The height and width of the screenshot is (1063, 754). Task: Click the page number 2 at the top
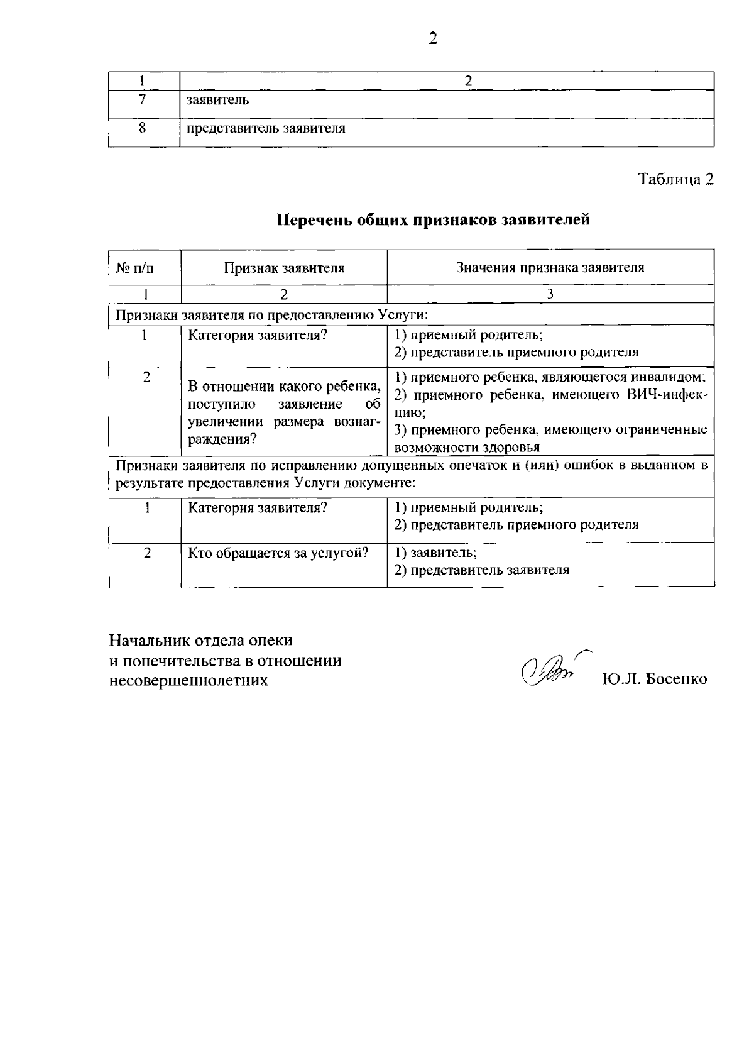[x=433, y=38]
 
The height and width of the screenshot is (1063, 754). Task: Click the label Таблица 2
[x=676, y=179]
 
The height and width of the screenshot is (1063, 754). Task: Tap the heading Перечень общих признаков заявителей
[x=433, y=219]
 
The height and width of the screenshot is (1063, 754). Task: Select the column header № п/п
[x=135, y=268]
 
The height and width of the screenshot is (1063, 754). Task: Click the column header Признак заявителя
[x=284, y=268]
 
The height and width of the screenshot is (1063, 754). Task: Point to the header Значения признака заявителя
[x=550, y=267]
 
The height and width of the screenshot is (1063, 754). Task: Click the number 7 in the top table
[x=143, y=99]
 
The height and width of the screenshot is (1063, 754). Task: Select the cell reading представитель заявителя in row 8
[x=266, y=129]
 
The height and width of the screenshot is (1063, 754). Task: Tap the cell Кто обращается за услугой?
[x=278, y=553]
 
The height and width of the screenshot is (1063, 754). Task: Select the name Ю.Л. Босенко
[x=654, y=679]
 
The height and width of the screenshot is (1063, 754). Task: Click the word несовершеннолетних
[x=188, y=680]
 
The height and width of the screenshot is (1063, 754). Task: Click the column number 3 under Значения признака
[x=550, y=294]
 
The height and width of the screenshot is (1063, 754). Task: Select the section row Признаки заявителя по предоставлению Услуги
[x=271, y=314]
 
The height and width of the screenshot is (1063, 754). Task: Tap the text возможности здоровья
[x=467, y=448]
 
